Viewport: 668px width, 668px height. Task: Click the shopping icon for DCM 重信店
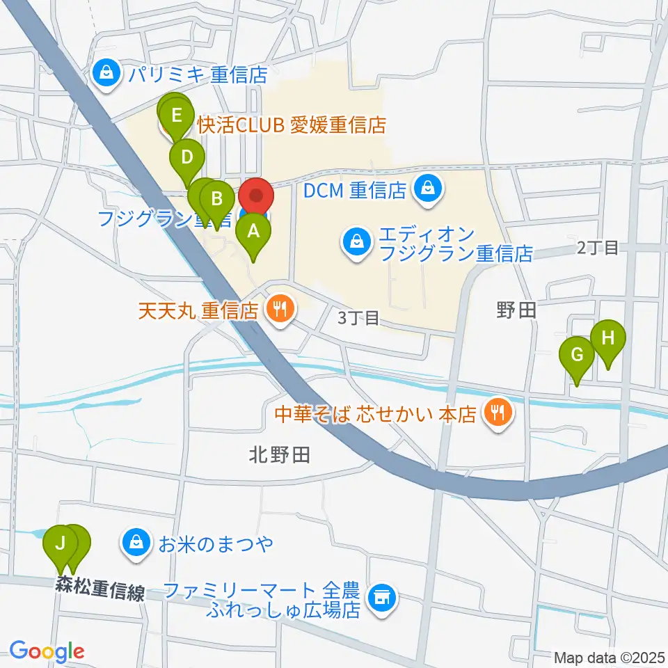[x=427, y=189]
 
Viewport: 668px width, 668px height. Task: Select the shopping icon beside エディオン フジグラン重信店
[x=355, y=243]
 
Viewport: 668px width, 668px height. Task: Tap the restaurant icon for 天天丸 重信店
[x=280, y=310]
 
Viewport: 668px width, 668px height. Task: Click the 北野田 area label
[x=279, y=456]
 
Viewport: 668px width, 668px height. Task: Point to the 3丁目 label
[x=358, y=319]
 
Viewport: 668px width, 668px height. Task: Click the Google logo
[x=47, y=651]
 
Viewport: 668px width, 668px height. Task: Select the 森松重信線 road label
[x=101, y=590]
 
